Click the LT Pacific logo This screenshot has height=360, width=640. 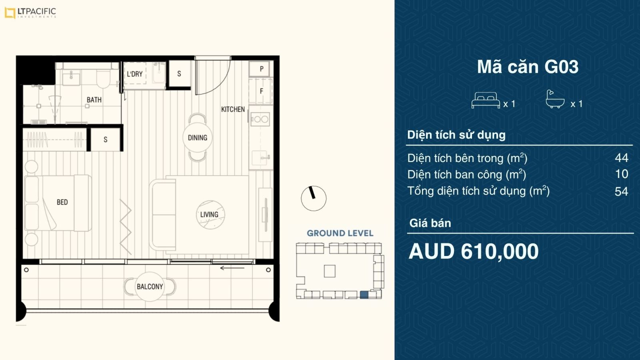30,13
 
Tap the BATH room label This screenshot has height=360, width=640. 94,100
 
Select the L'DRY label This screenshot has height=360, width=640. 134,74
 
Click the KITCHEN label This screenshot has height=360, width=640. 233,109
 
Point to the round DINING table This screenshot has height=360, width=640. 198,138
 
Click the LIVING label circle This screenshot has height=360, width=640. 210,214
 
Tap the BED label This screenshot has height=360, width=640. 62,202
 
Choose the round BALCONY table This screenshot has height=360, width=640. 150,286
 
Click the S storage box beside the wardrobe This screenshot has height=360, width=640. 105,140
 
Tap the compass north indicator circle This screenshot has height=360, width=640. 314,198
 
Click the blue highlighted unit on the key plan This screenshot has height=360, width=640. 364,295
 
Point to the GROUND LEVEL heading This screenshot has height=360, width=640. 340,233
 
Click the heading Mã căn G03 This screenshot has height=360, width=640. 528,66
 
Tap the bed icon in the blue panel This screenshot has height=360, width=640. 486,100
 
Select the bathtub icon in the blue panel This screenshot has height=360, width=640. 555,99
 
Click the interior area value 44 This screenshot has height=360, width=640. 622,158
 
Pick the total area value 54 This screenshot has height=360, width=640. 622,192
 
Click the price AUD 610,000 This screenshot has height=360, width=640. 474,252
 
